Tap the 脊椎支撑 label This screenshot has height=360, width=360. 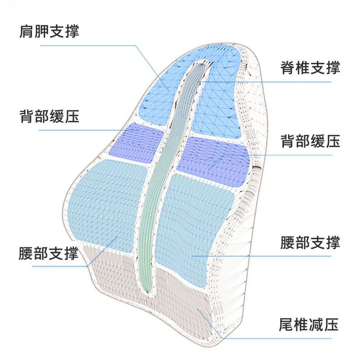click(310, 68)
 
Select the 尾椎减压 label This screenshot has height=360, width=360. click(310, 325)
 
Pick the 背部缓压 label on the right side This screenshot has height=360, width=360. click(310, 141)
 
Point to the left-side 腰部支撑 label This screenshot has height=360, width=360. click(49, 253)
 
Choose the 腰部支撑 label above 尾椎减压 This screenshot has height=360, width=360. click(310, 242)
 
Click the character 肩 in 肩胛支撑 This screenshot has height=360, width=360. click(27, 31)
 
